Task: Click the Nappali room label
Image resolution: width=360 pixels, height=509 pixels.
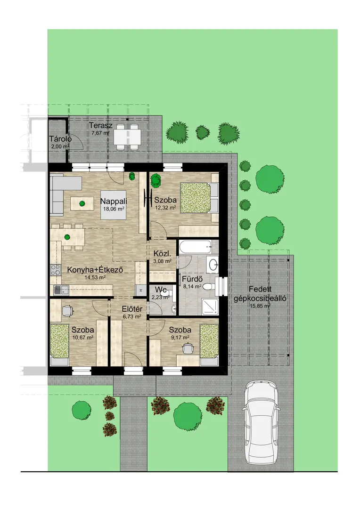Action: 113,201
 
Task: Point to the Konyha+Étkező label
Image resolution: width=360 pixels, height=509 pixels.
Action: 95,269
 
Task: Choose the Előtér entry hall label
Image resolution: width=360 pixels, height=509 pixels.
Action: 132,309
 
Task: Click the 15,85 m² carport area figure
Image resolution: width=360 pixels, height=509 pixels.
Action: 260,306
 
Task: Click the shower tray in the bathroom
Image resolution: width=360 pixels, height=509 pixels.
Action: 210,307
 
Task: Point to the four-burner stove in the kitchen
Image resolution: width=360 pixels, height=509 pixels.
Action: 56,270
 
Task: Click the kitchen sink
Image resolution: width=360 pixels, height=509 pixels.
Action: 61,290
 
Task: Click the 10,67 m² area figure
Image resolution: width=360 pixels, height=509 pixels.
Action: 83,337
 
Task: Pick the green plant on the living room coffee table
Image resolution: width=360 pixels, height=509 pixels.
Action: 82,204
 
